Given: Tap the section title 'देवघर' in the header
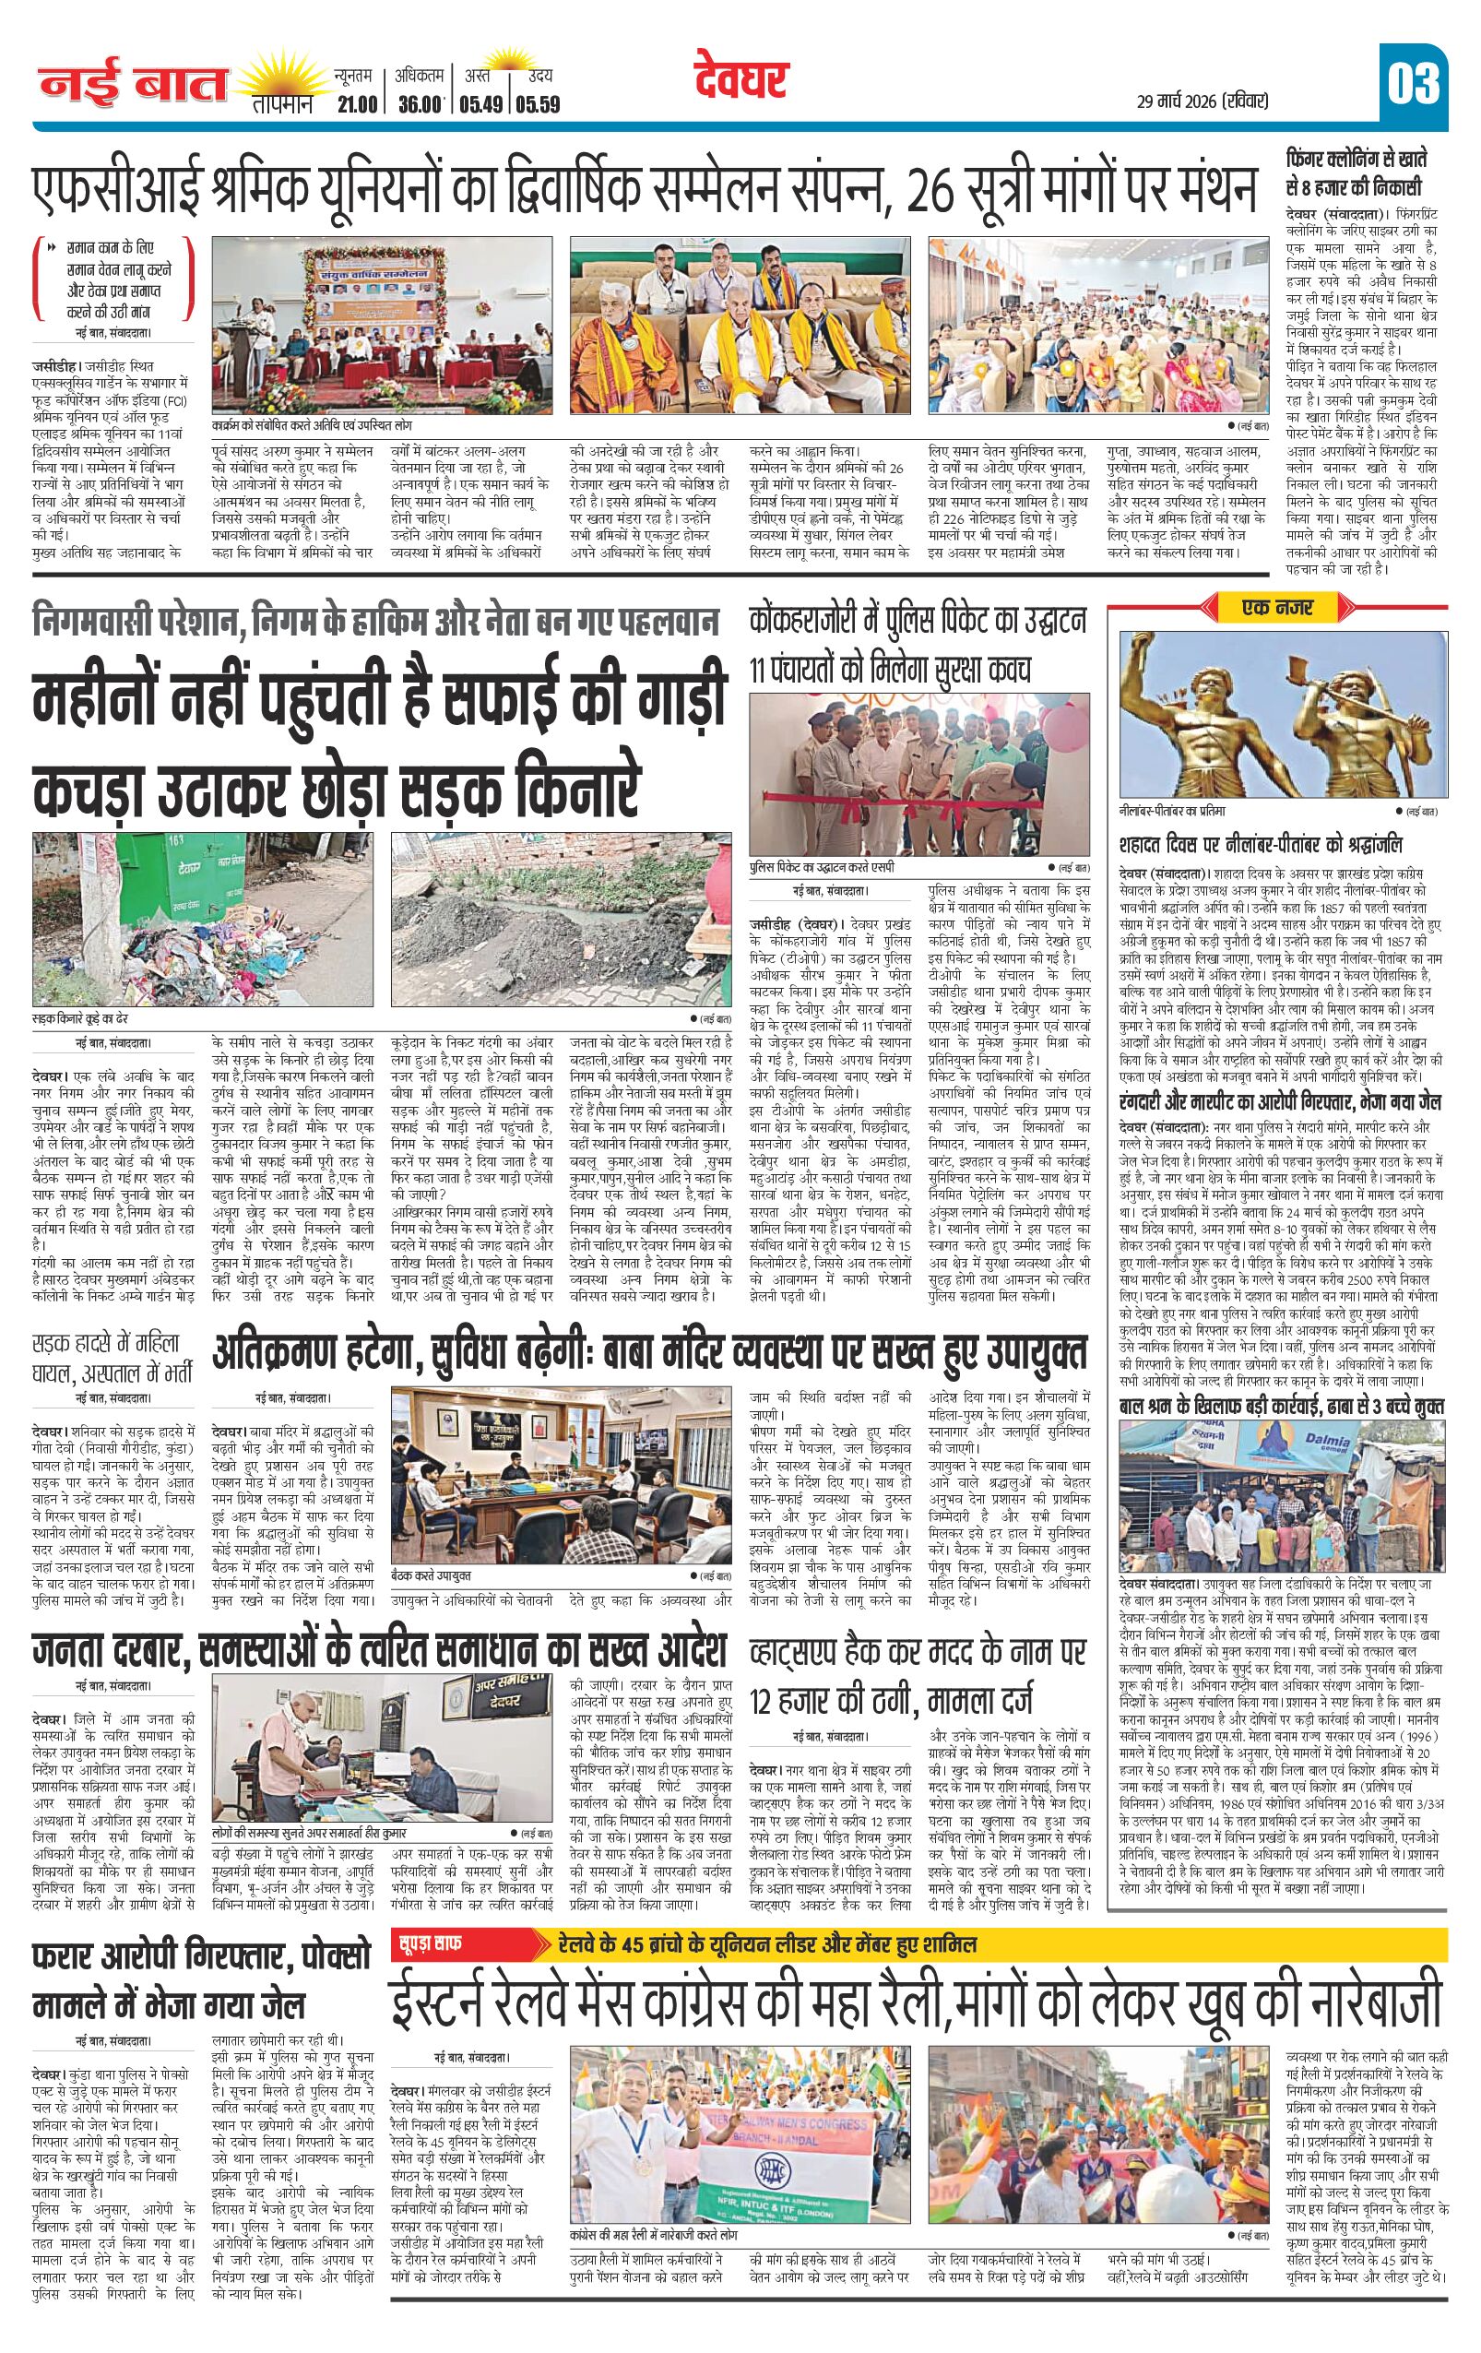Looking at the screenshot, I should click(x=741, y=81).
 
